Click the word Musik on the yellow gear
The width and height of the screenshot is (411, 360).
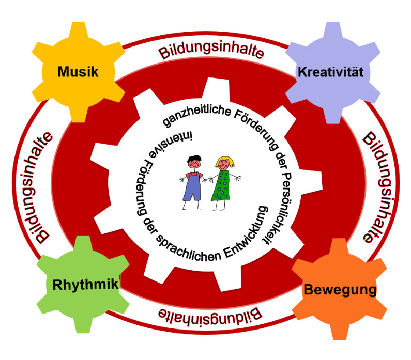(x=78, y=71)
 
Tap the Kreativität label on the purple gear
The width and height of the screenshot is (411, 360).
(x=330, y=72)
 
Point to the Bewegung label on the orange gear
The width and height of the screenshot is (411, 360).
(x=339, y=290)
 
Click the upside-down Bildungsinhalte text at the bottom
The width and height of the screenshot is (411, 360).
(x=209, y=313)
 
